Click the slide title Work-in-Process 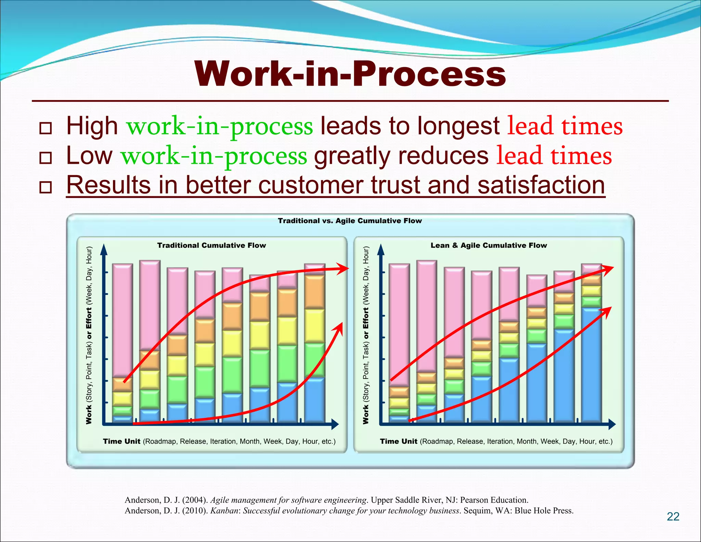pos(350,74)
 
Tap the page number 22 pos(673,517)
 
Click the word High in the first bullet pos(92,126)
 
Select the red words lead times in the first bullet pos(564,126)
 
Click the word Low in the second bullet pos(89,156)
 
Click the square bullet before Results pos(46,187)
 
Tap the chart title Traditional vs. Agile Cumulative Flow pos(350,221)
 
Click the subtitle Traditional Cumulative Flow pos(212,245)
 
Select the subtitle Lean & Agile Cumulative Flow pos(488,245)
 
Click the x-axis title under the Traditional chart pos(219,441)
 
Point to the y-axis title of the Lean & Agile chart pos(366,335)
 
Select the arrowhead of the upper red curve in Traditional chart pos(343,269)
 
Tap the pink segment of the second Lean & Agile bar pos(426,315)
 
